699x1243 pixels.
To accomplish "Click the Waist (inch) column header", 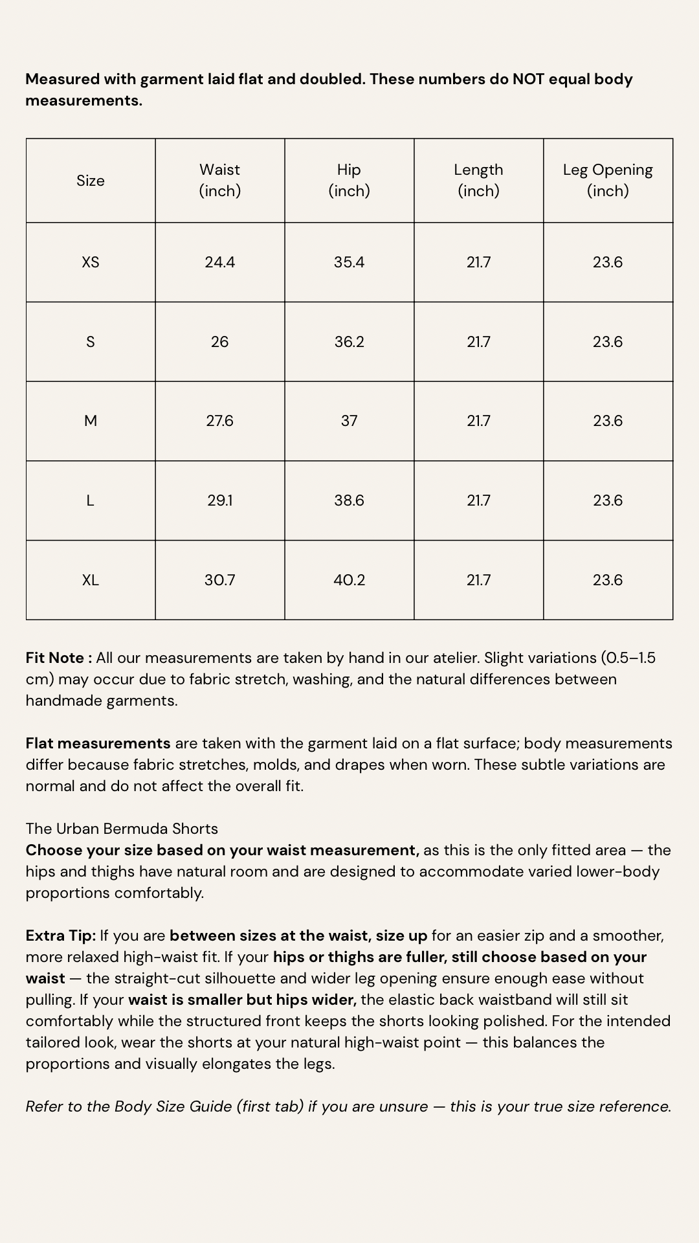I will pos(220,180).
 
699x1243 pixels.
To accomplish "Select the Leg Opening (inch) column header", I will pos(608,180).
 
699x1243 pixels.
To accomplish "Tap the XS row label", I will pos(91,262).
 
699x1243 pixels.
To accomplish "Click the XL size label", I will pos(91,580).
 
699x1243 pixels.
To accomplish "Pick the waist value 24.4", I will pos(220,262).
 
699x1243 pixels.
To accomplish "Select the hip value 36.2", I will pos(349,342).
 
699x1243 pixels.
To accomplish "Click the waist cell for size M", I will pos(220,421).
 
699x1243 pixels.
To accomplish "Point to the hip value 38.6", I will pos(349,500).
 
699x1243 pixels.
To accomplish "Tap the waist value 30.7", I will pos(220,580).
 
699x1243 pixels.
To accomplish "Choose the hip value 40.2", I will pos(349,580).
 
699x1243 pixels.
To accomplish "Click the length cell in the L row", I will pos(479,500).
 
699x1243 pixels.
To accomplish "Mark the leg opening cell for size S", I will pos(608,342).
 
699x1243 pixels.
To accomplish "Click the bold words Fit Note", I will pos(56,658).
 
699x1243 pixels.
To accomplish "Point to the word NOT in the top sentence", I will pos(528,79).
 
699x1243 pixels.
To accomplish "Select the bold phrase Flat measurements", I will pos(98,743).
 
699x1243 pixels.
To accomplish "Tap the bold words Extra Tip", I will pos(60,935).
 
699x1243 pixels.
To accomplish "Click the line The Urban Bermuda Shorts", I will pos(122,829).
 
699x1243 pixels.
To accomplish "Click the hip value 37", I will pos(349,421).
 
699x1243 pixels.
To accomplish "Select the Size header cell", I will pos(91,181).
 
